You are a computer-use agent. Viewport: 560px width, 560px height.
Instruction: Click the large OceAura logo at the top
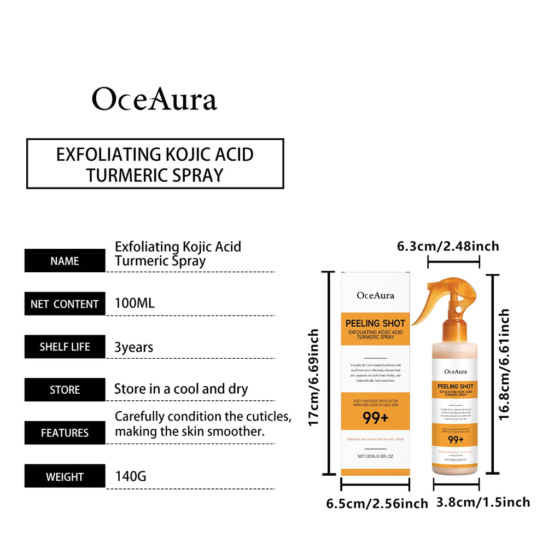tap(155, 99)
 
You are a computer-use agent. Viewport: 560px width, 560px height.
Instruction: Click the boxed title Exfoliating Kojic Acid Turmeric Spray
tap(155, 164)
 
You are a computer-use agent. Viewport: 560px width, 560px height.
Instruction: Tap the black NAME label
tap(65, 261)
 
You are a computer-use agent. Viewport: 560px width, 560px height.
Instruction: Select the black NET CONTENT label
tap(65, 304)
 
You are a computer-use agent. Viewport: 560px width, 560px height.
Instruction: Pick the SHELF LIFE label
tap(65, 347)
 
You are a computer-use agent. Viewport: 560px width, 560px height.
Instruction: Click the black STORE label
tap(65, 390)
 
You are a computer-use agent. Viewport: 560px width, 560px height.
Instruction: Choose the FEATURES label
tap(65, 433)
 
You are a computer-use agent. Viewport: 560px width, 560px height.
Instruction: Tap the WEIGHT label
tap(65, 476)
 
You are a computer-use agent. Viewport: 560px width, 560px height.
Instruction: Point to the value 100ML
tap(135, 303)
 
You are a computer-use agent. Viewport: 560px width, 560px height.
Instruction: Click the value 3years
tap(134, 347)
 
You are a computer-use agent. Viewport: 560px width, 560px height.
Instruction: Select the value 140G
tap(131, 476)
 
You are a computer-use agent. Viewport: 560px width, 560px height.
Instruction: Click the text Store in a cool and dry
tap(181, 389)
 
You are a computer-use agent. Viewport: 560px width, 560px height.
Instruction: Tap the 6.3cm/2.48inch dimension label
tap(448, 247)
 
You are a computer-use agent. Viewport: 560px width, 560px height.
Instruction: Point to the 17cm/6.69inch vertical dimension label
tap(313, 377)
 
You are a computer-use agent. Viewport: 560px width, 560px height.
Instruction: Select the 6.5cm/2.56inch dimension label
tap(377, 504)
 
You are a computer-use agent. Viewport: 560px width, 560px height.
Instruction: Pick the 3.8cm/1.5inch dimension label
tap(483, 502)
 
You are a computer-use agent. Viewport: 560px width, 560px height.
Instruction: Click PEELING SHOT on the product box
tap(375, 324)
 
